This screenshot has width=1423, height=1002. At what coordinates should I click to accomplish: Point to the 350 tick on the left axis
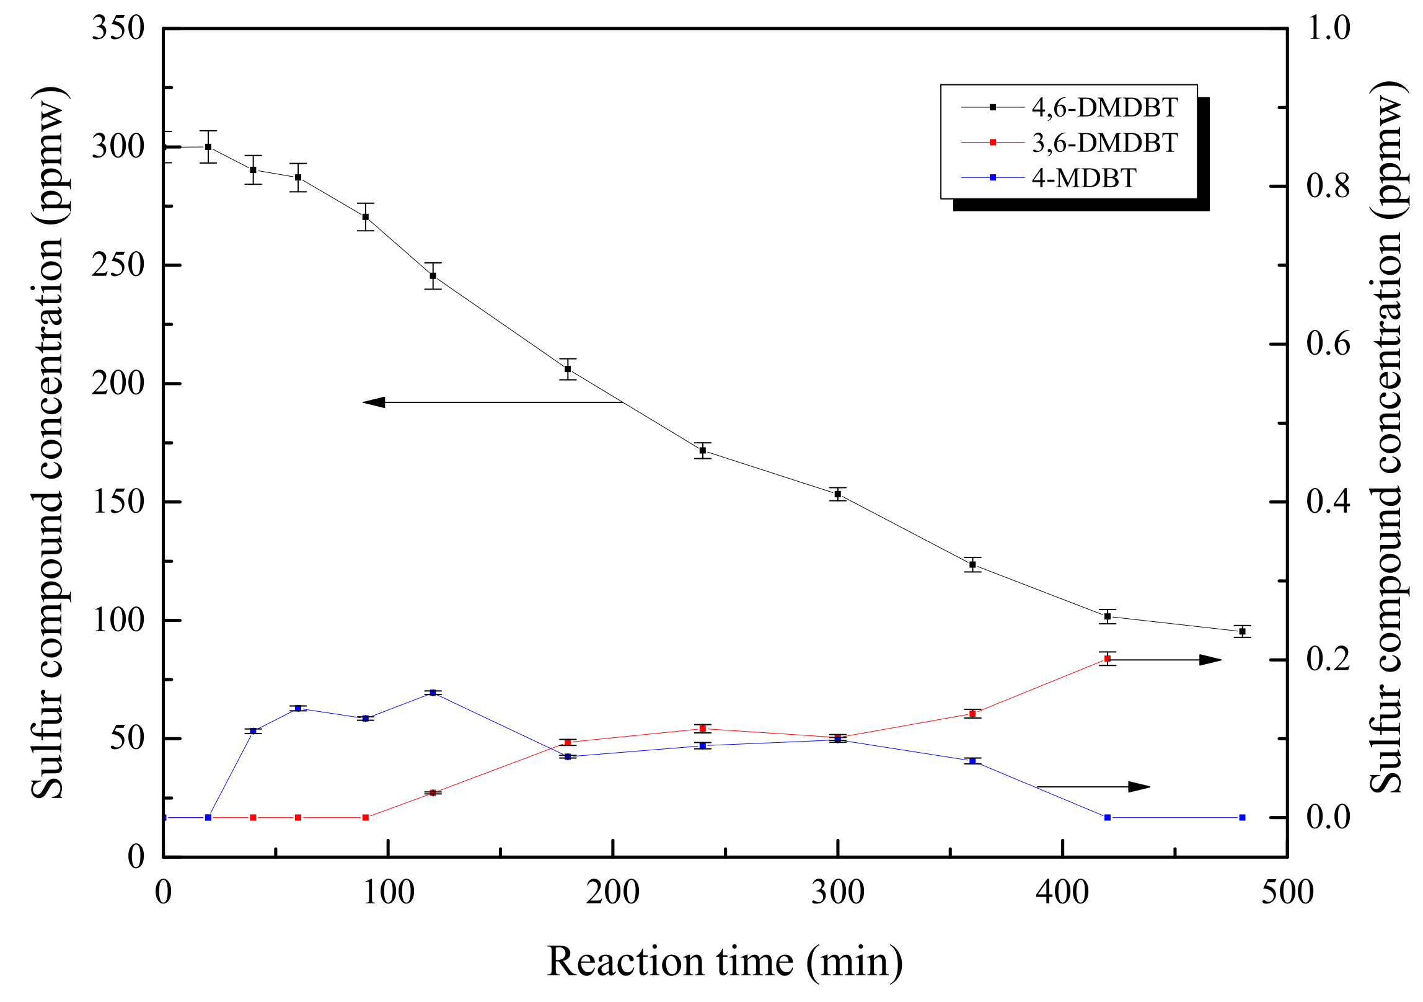point(118,29)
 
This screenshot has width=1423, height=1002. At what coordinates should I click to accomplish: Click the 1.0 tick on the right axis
point(1328,29)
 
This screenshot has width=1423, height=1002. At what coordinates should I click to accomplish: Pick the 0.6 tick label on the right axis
point(1328,344)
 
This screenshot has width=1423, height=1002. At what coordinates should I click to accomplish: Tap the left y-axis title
point(48,443)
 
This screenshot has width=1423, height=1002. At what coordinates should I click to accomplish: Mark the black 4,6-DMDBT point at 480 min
point(1242,631)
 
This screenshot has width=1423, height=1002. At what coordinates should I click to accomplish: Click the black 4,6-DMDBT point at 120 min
point(433,276)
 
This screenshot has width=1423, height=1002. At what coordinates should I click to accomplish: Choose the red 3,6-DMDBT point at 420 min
point(1108,658)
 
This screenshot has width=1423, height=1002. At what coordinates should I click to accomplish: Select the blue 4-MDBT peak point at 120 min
point(433,693)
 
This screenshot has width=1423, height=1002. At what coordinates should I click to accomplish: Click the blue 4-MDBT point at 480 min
point(1242,818)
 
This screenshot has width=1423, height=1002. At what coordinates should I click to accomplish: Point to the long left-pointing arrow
point(493,402)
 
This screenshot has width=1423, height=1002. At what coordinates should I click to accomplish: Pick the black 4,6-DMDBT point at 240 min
point(702,451)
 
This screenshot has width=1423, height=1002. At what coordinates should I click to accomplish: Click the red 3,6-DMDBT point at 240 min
point(702,729)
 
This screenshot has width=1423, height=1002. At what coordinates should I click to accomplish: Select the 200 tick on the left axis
point(118,384)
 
